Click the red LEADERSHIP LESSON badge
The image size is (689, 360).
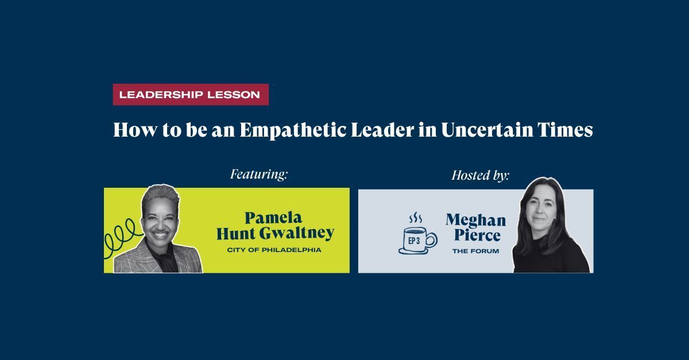191,95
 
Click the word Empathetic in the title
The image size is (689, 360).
293,130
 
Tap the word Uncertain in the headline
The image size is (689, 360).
487,130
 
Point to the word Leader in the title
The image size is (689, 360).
382,130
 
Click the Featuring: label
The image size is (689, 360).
259,174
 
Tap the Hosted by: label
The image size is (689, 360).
481,175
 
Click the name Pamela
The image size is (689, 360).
273,218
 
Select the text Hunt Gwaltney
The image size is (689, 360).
275,233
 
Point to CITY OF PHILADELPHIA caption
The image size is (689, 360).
274,250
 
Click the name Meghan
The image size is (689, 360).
476,220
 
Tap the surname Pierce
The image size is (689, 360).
477,235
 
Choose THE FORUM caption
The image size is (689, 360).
475,251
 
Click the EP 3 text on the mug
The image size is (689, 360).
414,241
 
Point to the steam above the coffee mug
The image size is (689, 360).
415,218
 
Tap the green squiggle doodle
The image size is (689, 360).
122,237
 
